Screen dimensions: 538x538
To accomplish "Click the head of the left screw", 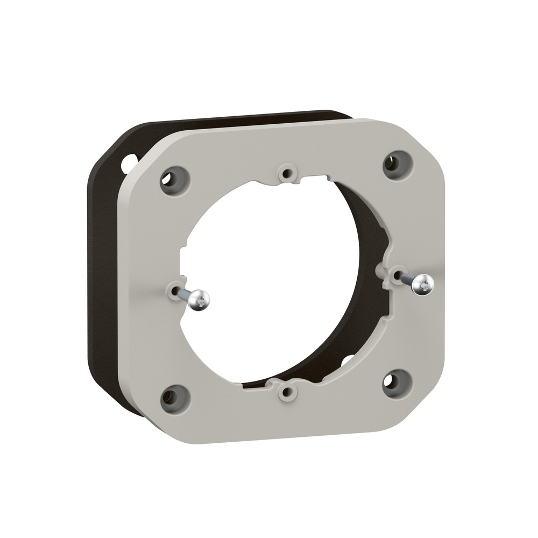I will tap(200, 299).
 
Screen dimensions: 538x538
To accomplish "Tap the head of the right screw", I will tap(423, 284).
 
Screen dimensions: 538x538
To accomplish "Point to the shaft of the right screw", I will tap(407, 278).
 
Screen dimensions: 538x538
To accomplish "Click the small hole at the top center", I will tap(287, 174).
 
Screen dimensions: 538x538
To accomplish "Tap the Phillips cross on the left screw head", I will tap(200, 300).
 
